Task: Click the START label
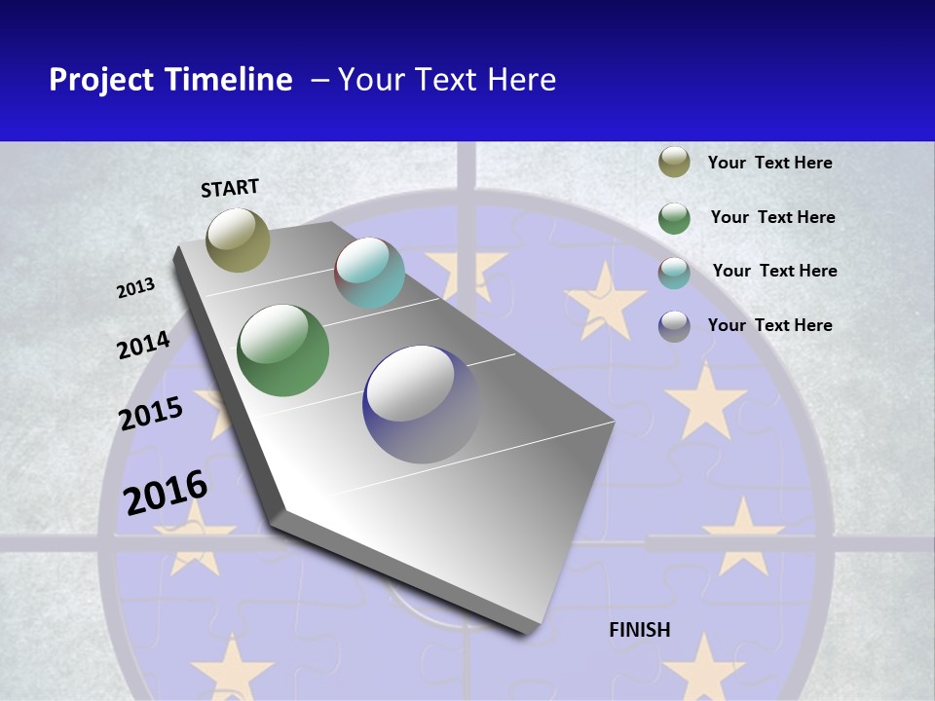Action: pyautogui.click(x=230, y=188)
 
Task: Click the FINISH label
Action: pyautogui.click(x=640, y=630)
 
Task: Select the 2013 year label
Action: pyautogui.click(x=136, y=288)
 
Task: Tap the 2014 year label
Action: pyautogui.click(x=144, y=346)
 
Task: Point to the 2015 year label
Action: pyautogui.click(x=151, y=414)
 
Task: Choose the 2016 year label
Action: pyautogui.click(x=166, y=492)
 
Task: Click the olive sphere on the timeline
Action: pyautogui.click(x=239, y=240)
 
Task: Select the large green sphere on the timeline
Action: pyautogui.click(x=283, y=350)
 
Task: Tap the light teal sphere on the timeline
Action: pyautogui.click(x=369, y=273)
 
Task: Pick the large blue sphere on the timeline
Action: pyautogui.click(x=422, y=404)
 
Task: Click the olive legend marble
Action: pyautogui.click(x=674, y=163)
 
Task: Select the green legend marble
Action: pyautogui.click(x=674, y=218)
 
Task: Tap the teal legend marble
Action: pyautogui.click(x=674, y=273)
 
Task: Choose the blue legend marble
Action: pyautogui.click(x=674, y=326)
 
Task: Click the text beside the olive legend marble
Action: pyautogui.click(x=770, y=163)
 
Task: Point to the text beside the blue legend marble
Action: pyautogui.click(x=770, y=325)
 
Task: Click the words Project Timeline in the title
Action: pyautogui.click(x=170, y=80)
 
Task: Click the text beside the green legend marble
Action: pyautogui.click(x=773, y=217)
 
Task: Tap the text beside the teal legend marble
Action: pyautogui.click(x=775, y=271)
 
